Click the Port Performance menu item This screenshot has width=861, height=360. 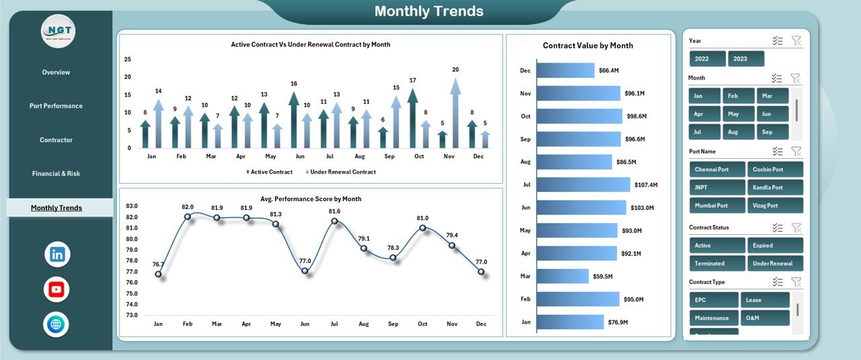coord(56,106)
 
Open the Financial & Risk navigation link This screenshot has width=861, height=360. coord(56,174)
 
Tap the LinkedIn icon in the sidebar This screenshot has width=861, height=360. coord(57,254)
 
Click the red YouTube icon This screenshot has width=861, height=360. coord(57,290)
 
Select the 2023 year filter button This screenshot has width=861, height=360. coord(745,59)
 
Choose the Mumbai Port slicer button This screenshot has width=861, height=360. coord(717,205)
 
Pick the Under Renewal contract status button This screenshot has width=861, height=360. coord(775,263)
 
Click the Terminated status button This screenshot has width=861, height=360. coord(717,263)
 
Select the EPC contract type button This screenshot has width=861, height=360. coord(713,299)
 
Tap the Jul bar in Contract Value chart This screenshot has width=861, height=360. coord(583,184)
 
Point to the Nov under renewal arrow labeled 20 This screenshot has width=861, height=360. coord(455,111)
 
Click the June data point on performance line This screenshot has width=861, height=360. coord(305,271)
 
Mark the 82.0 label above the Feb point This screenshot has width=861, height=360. coord(188,207)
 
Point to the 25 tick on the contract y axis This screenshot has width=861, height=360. coord(128,59)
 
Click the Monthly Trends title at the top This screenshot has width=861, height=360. coord(428,11)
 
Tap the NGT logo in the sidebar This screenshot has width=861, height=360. coord(58,31)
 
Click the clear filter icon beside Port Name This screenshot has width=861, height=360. coord(796,151)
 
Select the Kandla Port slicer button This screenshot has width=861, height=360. coord(775,187)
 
